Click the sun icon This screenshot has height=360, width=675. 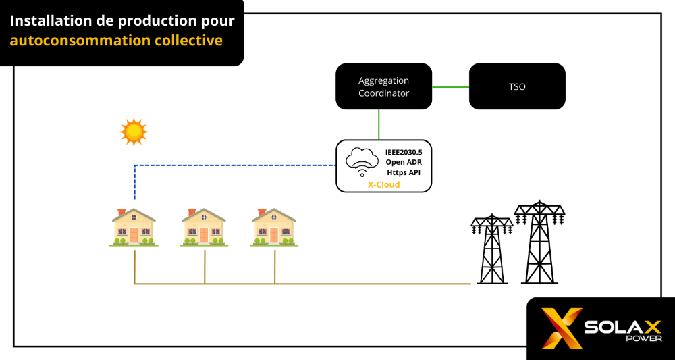(x=134, y=132)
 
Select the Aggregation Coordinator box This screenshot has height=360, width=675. (x=383, y=86)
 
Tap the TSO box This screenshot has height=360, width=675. (x=516, y=86)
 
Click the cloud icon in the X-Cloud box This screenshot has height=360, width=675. (x=361, y=162)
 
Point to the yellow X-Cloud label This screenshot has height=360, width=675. (x=383, y=184)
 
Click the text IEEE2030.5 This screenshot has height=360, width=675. (x=404, y=152)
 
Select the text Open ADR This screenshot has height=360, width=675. (x=404, y=162)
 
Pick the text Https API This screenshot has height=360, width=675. (x=404, y=172)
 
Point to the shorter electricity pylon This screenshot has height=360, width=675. (x=491, y=250)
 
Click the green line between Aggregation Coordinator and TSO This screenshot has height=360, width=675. (x=450, y=86)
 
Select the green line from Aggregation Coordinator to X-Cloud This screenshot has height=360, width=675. (x=379, y=124)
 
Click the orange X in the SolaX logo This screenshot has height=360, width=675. (x=562, y=328)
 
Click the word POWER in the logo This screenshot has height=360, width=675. (x=646, y=338)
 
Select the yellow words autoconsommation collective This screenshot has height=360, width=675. (x=116, y=41)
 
